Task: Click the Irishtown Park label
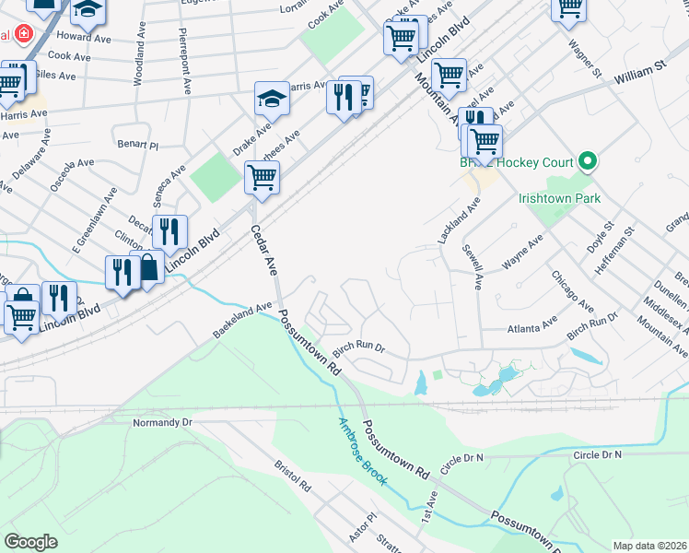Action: [x=559, y=198]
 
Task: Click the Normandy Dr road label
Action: [x=162, y=422]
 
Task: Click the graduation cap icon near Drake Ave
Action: [x=272, y=98]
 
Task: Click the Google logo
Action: [x=30, y=541]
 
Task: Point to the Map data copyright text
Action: [x=650, y=546]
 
